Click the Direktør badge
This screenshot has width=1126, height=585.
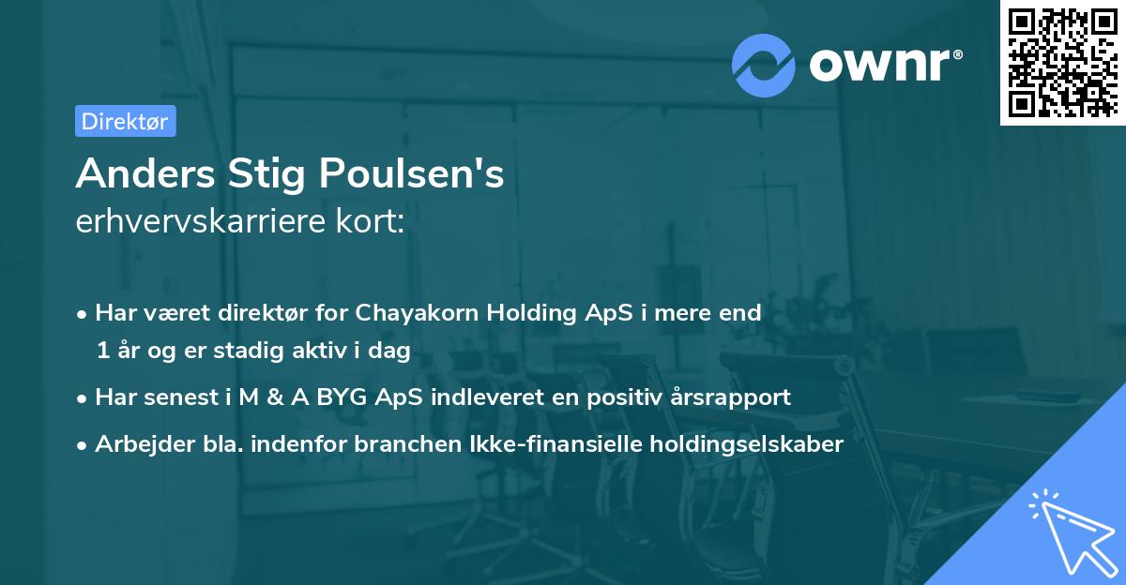(x=125, y=121)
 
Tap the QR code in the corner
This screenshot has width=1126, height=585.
(x=1062, y=62)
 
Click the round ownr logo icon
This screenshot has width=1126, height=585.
(x=764, y=65)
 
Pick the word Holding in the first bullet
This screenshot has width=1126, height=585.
(x=532, y=313)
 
